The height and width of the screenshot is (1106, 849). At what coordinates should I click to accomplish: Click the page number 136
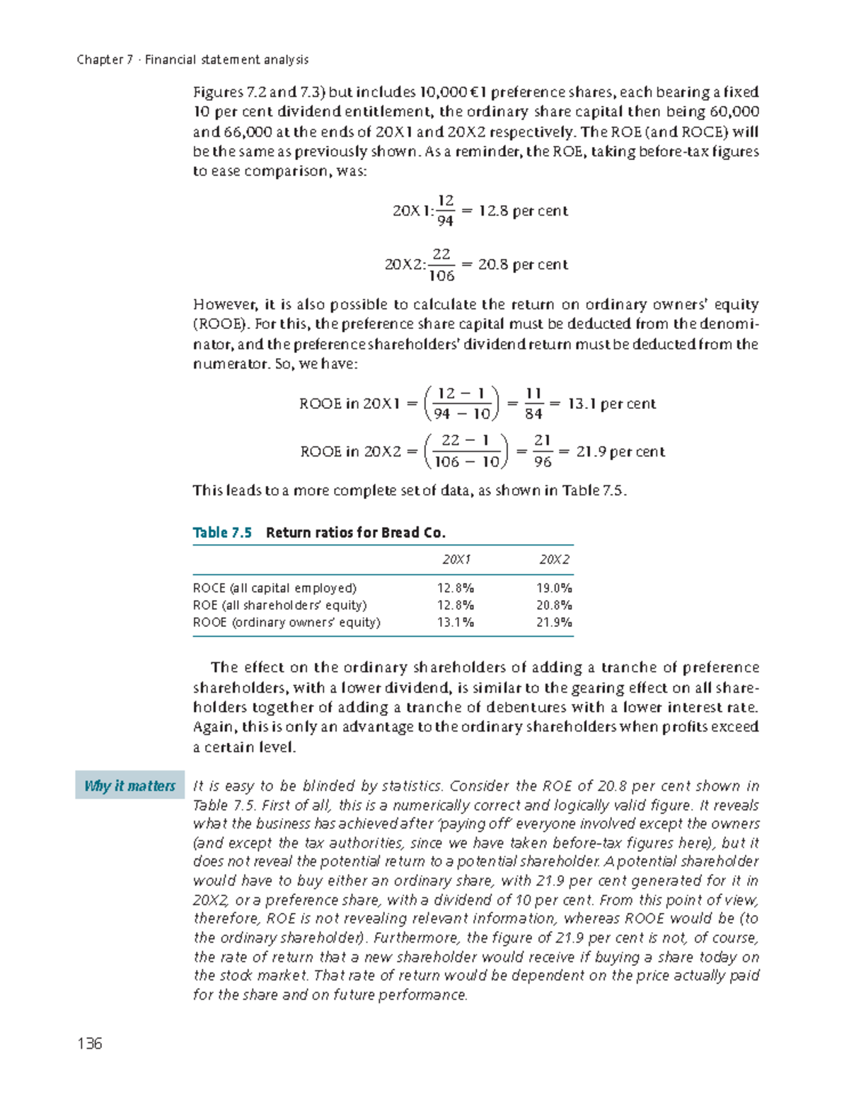click(90, 1044)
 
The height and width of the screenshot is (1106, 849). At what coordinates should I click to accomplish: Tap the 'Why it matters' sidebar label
click(129, 785)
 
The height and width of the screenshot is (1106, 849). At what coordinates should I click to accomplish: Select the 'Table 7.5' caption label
click(222, 533)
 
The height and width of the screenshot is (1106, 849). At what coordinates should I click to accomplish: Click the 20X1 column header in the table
click(456, 560)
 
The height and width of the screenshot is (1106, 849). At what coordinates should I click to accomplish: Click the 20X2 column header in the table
click(554, 560)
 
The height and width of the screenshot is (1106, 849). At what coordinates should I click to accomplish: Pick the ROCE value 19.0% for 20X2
click(554, 588)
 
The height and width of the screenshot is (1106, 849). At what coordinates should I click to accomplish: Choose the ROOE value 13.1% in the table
click(456, 623)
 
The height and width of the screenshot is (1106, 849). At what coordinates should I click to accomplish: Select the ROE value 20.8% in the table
click(554, 605)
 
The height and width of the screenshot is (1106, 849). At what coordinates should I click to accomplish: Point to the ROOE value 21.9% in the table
click(554, 623)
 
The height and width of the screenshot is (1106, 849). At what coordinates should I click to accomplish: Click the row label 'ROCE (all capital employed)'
click(275, 588)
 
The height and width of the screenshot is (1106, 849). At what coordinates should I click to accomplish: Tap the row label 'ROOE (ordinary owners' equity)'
click(287, 623)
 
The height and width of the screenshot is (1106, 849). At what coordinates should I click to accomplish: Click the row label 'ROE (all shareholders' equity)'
click(279, 605)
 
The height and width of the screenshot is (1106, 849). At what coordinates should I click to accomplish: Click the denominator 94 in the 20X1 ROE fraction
click(445, 221)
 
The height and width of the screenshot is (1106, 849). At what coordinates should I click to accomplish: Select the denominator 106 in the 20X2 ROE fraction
click(442, 275)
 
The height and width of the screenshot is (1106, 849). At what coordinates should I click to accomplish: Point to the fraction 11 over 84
click(533, 403)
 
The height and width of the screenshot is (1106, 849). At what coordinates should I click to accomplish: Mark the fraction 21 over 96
click(543, 451)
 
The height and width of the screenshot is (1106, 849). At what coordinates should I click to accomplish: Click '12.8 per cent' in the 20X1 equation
click(523, 211)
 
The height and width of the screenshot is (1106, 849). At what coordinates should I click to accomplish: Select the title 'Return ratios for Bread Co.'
click(355, 533)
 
